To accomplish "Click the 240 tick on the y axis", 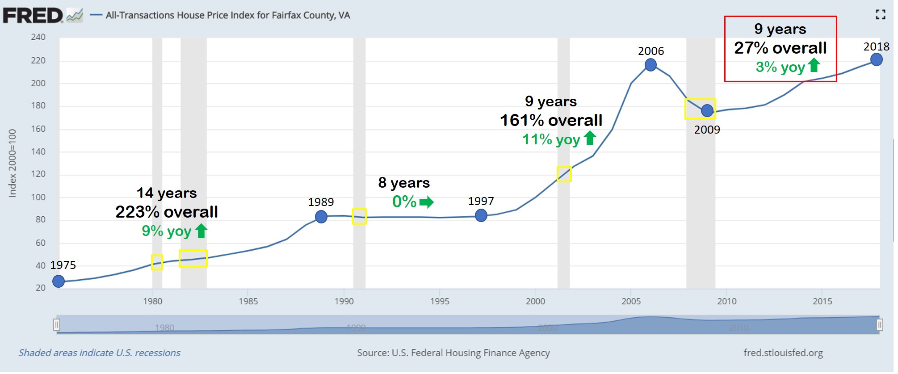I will pos(38,37).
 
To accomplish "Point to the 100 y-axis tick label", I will pos(38,198).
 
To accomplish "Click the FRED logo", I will pos(34,16).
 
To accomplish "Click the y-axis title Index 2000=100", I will pos(13,164).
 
